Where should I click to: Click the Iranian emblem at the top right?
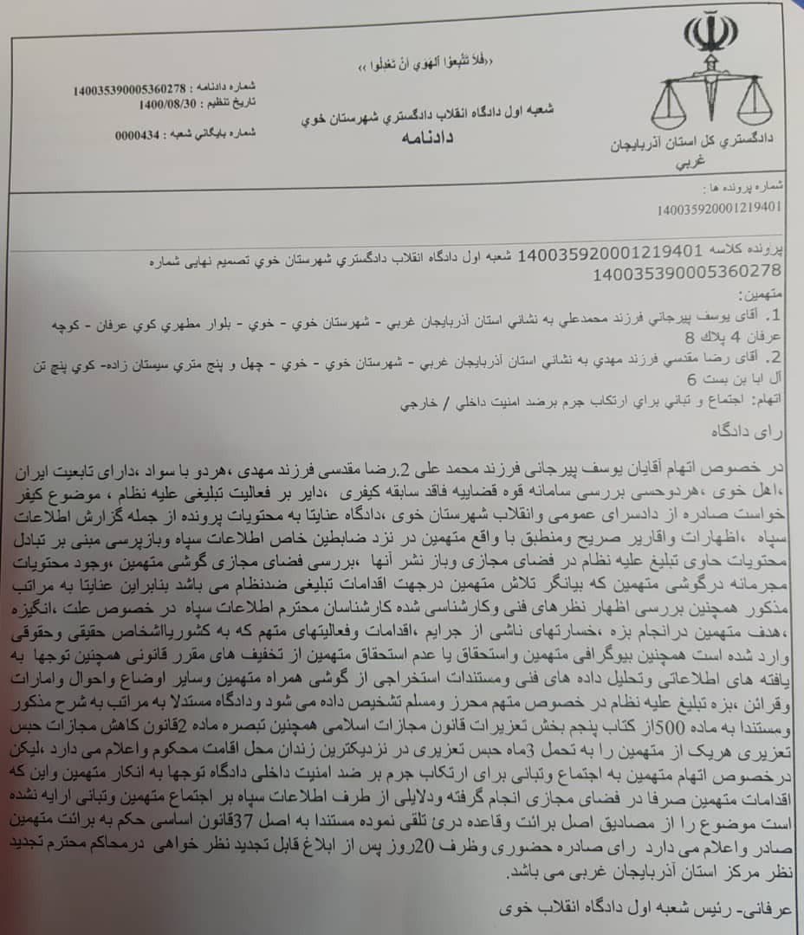click(x=710, y=34)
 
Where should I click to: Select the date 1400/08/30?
click(x=167, y=104)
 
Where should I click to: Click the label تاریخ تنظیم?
click(x=231, y=104)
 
